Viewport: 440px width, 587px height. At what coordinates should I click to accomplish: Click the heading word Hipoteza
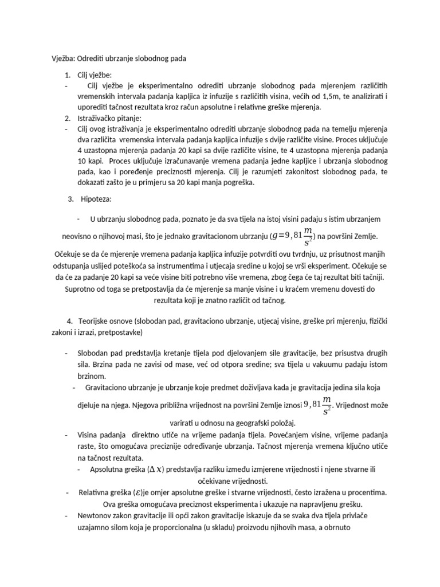coord(99,199)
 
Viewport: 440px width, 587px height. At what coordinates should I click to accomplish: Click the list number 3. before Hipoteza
coord(71,199)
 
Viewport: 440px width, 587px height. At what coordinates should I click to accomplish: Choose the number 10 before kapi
coord(81,162)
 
